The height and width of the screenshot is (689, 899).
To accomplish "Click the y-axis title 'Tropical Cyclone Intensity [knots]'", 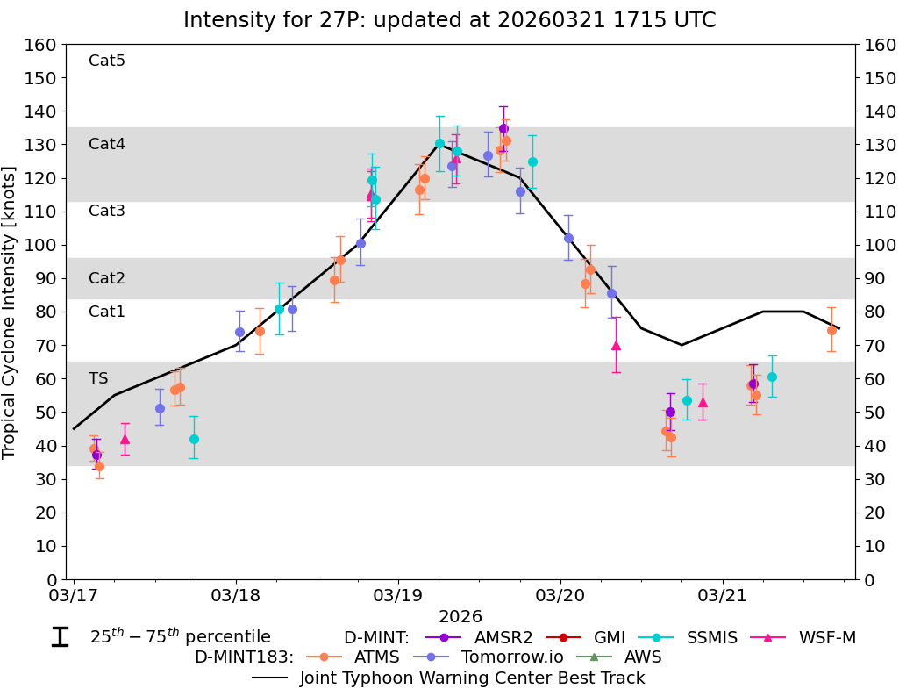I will (11, 312).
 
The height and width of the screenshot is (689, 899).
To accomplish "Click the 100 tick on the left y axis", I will (44, 245).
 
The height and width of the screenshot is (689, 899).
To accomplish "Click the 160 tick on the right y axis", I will (879, 45).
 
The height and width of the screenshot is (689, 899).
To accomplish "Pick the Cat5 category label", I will (107, 61).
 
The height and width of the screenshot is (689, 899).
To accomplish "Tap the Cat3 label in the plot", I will (107, 211).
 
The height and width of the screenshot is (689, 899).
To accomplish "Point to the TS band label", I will (98, 378).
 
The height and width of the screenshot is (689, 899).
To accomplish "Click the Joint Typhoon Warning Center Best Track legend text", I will (472, 678).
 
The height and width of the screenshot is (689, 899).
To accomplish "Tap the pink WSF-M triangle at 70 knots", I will (616, 345).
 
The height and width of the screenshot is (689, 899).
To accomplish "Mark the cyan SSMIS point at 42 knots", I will (194, 439).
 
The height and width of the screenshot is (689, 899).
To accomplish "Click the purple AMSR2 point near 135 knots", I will (503, 128).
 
